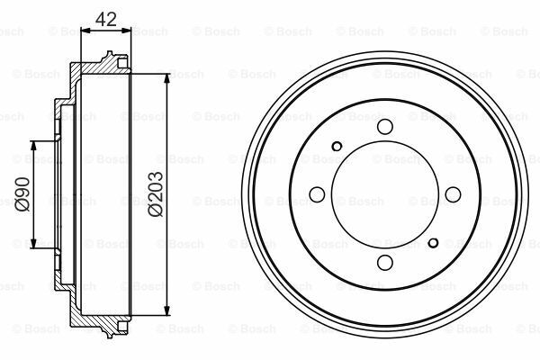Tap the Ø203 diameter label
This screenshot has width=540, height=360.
(155, 193)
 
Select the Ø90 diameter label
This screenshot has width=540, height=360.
(22, 193)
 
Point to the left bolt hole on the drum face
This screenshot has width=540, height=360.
(317, 194)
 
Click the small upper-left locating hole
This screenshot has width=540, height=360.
(337, 147)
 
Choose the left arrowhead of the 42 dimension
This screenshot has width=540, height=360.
(85, 30)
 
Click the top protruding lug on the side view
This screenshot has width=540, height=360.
(112, 60)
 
